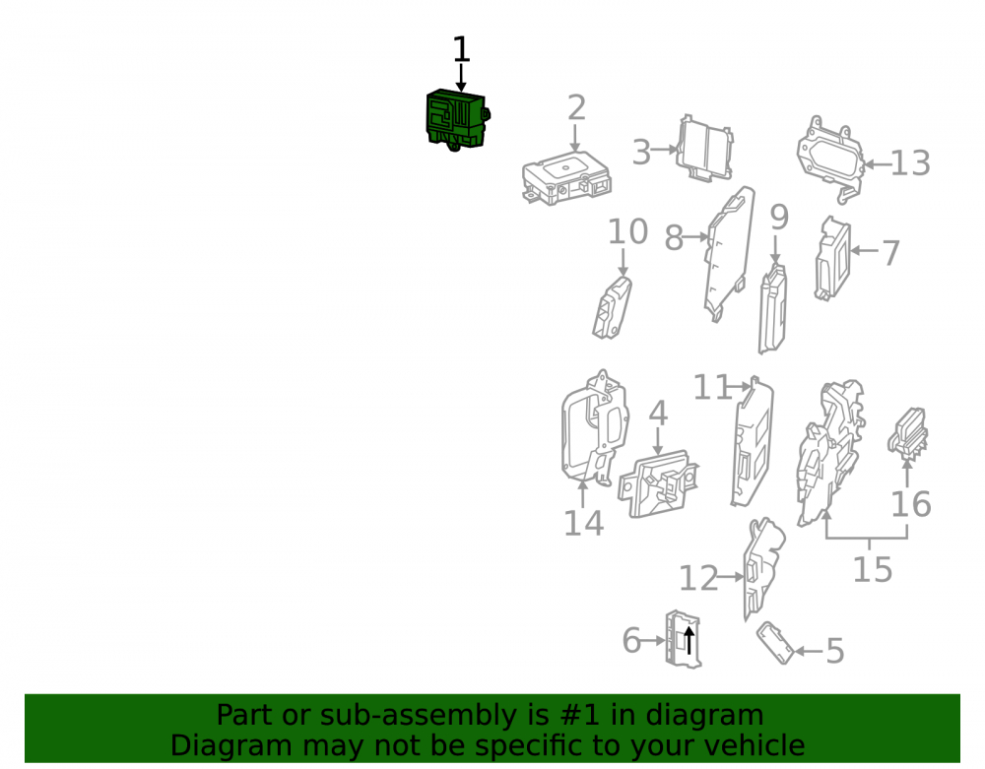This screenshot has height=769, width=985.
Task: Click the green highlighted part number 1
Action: [457, 119]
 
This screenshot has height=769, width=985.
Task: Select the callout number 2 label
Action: [576, 108]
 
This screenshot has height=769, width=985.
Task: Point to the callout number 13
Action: [910, 163]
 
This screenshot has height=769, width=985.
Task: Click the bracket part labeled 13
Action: [830, 159]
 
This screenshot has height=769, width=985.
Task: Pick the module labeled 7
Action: [832, 258]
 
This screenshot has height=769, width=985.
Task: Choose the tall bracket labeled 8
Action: [729, 254]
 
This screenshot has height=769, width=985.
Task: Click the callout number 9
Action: [779, 218]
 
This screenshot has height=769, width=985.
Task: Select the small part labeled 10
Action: [612, 307]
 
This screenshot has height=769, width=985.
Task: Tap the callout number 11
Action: [712, 387]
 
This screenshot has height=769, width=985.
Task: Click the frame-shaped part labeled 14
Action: [595, 428]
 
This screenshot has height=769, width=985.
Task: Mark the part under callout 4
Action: [658, 483]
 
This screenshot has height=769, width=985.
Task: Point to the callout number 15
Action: [872, 569]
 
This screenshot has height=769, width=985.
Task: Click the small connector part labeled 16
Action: [908, 432]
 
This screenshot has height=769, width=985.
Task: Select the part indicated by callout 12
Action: [763, 567]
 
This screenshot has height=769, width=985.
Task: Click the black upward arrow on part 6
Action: [689, 640]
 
